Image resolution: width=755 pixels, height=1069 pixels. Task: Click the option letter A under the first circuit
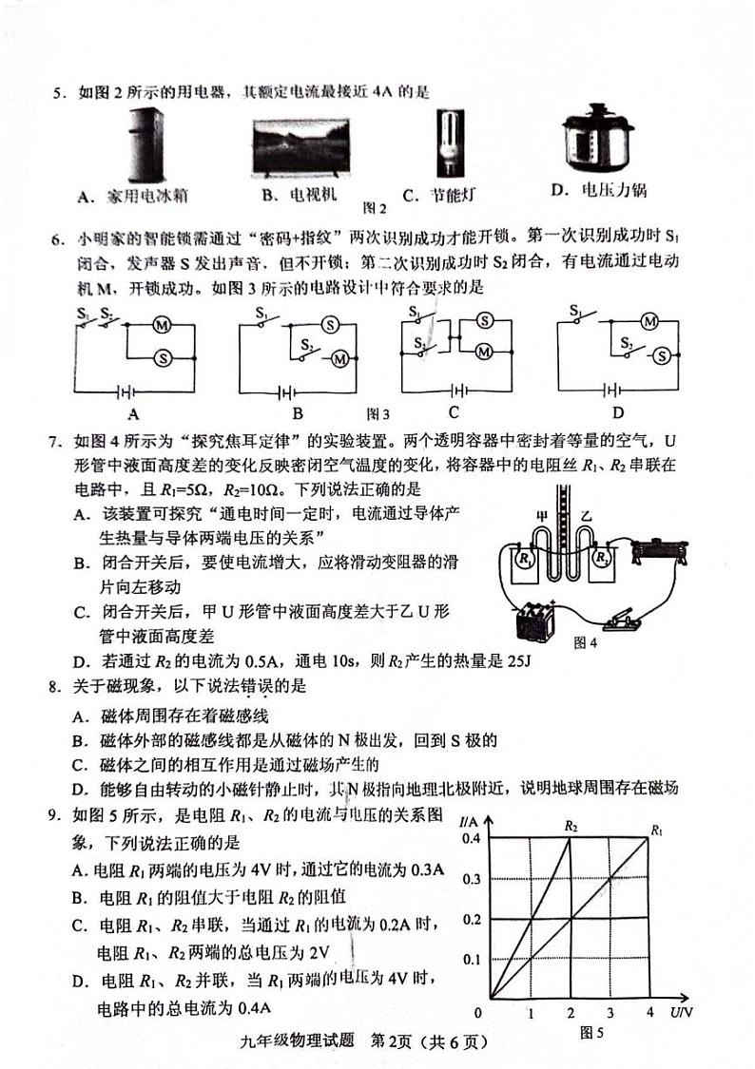pos(132,413)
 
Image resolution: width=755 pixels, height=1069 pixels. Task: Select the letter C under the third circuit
pos(454,412)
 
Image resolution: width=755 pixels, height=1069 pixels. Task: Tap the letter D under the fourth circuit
pos(618,412)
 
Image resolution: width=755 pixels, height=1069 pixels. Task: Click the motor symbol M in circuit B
pos(340,358)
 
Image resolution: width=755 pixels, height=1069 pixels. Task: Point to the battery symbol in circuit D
pos(614,390)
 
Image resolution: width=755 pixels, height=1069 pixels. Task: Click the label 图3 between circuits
pos(378,413)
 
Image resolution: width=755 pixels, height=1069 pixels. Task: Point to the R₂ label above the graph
pos(571,827)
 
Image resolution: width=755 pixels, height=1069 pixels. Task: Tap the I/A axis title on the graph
pos(468,820)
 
